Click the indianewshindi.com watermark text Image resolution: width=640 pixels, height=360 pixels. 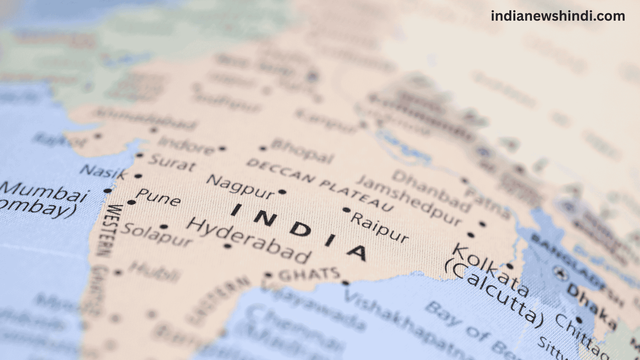click(x=558, y=16)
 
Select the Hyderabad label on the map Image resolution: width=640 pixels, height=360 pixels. click(x=249, y=240)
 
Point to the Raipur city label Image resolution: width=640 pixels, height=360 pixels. click(x=379, y=227)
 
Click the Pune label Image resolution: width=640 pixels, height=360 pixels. click(x=159, y=197)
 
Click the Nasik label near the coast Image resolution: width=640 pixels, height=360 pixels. click(x=104, y=172)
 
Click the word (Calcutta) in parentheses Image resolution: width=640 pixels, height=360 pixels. click(x=493, y=293)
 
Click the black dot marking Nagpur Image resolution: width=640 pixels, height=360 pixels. click(x=282, y=192)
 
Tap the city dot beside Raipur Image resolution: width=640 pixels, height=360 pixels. click(x=347, y=210)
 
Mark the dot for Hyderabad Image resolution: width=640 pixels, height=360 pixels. click(x=228, y=246)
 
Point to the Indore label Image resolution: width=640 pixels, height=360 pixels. click(x=187, y=146)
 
